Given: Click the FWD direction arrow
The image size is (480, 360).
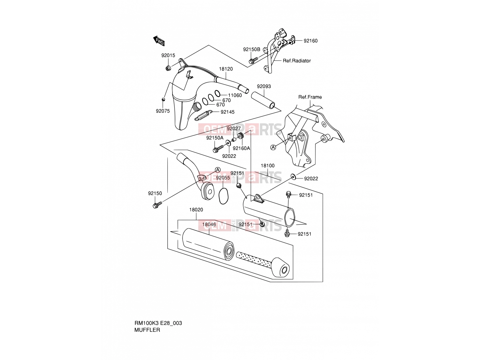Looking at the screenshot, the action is click(159, 41).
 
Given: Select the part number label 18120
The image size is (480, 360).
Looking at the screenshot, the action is click(226, 69).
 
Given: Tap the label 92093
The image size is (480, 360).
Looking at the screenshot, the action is click(264, 86).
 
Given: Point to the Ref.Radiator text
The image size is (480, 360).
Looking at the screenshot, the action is click(297, 61).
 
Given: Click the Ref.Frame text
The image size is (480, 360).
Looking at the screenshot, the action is click(310, 97).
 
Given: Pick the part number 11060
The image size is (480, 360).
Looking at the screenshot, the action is click(235, 95).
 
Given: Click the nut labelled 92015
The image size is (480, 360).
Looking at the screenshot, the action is click(168, 68).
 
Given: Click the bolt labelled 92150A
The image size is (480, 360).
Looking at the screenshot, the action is click(218, 149).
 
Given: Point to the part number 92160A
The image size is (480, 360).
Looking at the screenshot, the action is click(241, 148).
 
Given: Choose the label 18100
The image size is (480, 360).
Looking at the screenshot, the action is click(267, 166).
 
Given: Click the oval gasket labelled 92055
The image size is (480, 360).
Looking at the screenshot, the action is click(223, 196).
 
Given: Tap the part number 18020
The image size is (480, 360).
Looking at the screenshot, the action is click(196, 210).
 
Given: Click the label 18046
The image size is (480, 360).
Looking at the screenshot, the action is click(209, 224).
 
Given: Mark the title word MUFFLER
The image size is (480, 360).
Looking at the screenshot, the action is click(147, 330).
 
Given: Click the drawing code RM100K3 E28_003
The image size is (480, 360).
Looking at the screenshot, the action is click(158, 323).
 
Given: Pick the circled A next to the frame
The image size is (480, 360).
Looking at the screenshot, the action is click(273, 148).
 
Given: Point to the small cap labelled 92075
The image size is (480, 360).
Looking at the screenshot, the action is click(163, 100).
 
